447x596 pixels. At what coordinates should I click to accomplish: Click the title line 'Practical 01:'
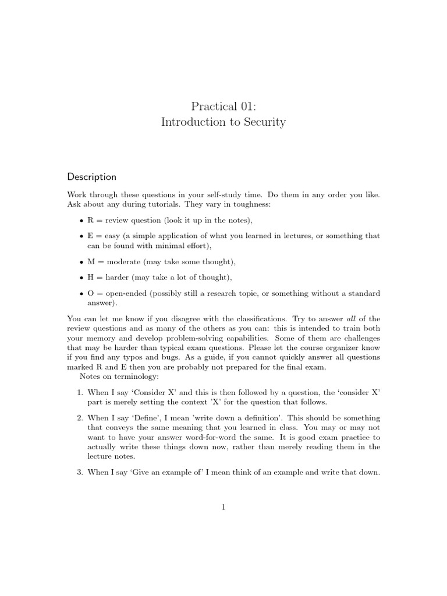tap(223, 106)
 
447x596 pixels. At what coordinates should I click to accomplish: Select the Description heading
tap(91, 177)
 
